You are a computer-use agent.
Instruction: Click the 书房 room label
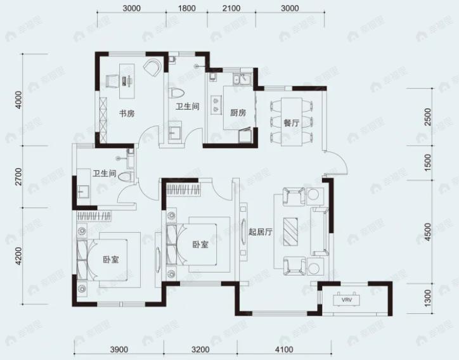[125, 114]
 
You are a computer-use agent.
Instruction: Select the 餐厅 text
[291, 124]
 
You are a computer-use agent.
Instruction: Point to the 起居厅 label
[260, 232]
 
